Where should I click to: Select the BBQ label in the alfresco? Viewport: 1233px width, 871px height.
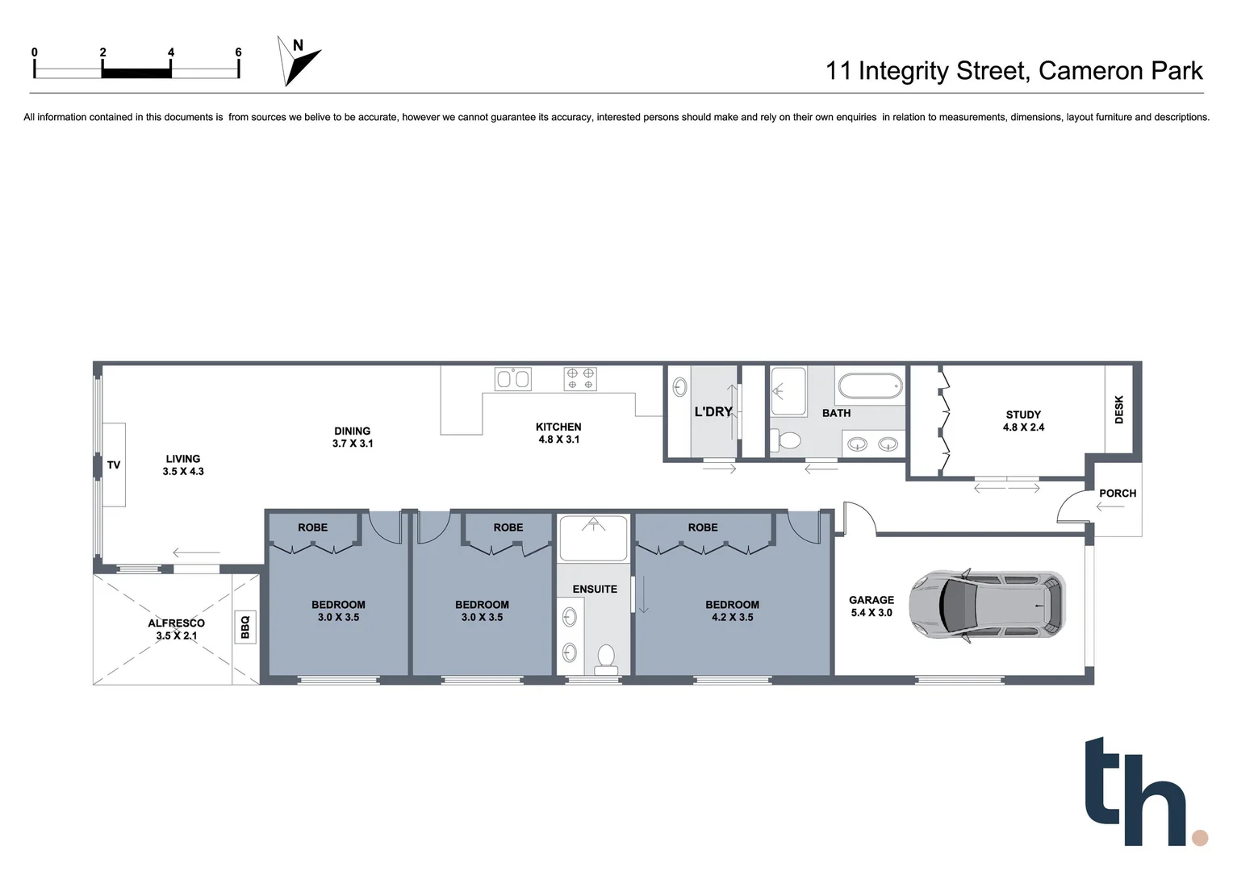pos(245,627)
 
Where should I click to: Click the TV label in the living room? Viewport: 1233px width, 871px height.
pos(114,465)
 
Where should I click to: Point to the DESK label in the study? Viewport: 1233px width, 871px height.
pos(1118,409)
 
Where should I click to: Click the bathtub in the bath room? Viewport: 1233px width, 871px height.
pos(870,385)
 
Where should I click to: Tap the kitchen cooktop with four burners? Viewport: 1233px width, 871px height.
pos(580,378)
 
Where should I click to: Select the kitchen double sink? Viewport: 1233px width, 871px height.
pos(513,378)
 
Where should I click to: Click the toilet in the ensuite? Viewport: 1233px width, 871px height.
pos(604,657)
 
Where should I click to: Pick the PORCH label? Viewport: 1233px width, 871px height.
pos(1117,493)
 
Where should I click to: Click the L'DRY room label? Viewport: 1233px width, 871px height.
pos(713,412)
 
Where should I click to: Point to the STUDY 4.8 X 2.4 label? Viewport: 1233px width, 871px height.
pos(1023,421)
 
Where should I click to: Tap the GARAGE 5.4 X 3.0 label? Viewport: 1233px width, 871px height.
pos(871,606)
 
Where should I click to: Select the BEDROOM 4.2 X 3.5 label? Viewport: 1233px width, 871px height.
pos(732,611)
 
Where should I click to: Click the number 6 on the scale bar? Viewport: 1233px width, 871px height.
pos(238,52)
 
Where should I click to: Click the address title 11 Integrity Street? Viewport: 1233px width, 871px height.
pos(1013,71)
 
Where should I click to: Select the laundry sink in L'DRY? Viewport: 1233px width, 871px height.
pos(679,387)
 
